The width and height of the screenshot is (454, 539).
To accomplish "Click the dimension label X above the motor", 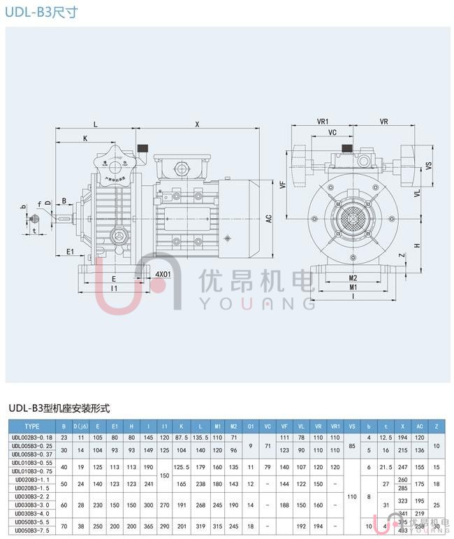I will tap(197, 124).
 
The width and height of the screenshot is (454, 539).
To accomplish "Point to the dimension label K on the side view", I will tap(85, 138).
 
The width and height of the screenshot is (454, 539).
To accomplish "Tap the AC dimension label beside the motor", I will tap(268, 218).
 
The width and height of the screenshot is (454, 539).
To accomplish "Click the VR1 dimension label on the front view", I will tap(323, 122).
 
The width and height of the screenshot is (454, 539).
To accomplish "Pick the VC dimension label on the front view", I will tap(332, 132).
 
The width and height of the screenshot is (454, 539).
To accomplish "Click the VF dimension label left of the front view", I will tap(282, 185).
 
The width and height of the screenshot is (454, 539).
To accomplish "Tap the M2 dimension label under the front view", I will tap(353, 278).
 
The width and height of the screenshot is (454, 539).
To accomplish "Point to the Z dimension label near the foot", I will tap(401, 256).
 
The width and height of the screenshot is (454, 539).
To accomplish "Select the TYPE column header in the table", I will tap(32, 426).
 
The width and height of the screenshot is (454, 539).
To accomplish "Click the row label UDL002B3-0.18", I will tap(32, 437).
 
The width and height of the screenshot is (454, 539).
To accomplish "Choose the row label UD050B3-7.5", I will tap(32, 532).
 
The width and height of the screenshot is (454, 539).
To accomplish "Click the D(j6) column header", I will tap(80, 426).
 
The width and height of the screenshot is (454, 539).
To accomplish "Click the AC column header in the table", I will tap(420, 426).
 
